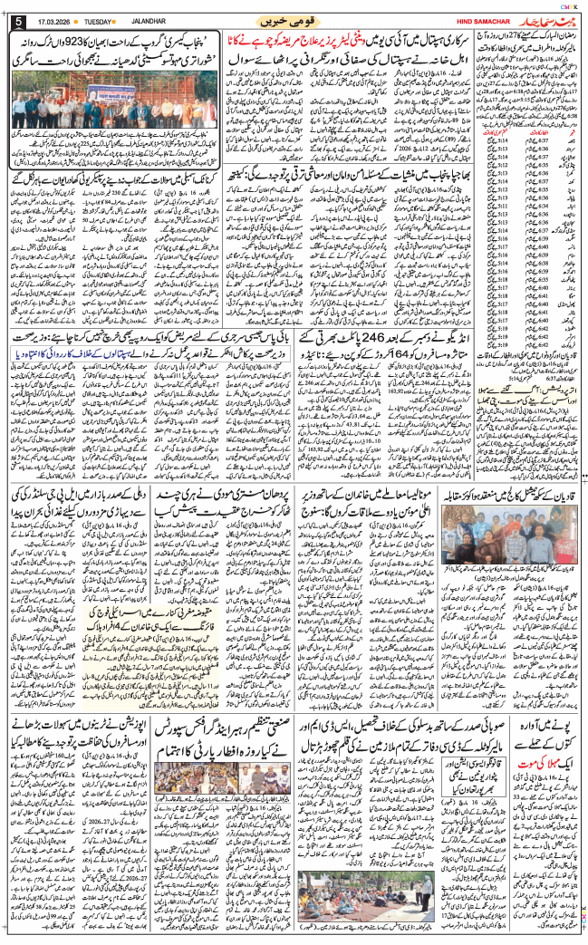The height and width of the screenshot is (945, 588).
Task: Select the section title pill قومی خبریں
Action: pos(293,19)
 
